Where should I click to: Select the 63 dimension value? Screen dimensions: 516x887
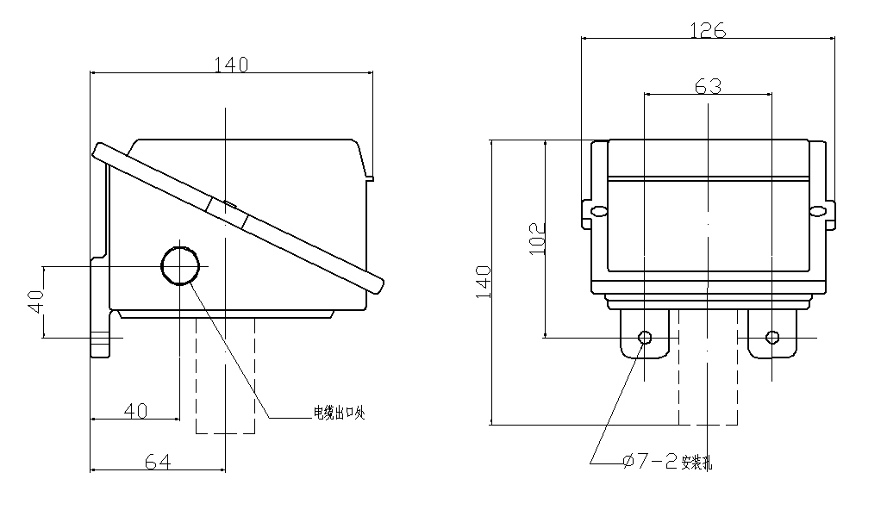click(708, 85)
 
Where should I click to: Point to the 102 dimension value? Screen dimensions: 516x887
click(536, 238)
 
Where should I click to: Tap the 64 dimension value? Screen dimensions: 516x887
click(156, 462)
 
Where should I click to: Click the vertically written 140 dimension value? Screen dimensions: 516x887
click(484, 282)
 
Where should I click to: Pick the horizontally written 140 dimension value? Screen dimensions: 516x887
click(231, 64)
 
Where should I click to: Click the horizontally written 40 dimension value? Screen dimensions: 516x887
click(134, 411)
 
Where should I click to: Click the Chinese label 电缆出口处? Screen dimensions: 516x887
click(340, 413)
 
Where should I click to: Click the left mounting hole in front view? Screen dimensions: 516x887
click(644, 337)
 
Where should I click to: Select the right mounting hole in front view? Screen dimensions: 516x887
click(772, 337)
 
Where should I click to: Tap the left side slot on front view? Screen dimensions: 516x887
click(595, 210)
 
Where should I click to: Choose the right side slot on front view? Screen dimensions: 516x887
click(820, 210)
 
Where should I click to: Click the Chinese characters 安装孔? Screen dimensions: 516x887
click(696, 463)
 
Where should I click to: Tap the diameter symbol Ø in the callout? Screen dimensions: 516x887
click(628, 462)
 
